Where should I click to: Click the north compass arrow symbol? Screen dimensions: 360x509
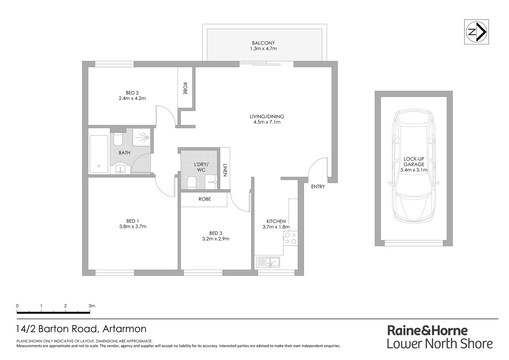point(476,32)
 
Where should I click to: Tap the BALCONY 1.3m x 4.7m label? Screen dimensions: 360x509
point(263,46)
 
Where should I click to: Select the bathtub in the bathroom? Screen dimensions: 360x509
point(99,154)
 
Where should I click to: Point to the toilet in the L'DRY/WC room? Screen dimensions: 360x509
point(192,183)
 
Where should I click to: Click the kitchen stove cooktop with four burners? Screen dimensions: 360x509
point(290,239)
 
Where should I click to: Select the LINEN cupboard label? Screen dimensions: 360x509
point(225,170)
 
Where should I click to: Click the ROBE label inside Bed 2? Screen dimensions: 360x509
point(185,89)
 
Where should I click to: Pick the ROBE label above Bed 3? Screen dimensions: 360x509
point(205,199)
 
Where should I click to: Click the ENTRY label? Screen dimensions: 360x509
point(318,187)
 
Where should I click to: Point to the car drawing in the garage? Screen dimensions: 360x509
point(414,167)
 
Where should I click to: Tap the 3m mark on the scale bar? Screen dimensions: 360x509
point(92,306)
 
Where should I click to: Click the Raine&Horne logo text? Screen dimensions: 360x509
point(427,330)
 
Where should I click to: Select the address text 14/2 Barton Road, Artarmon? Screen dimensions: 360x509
point(81,329)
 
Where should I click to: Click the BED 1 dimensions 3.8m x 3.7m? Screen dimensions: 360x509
point(133,227)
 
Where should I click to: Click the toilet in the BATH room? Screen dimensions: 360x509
point(118,139)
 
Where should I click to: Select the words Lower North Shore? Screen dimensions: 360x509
point(440,344)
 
